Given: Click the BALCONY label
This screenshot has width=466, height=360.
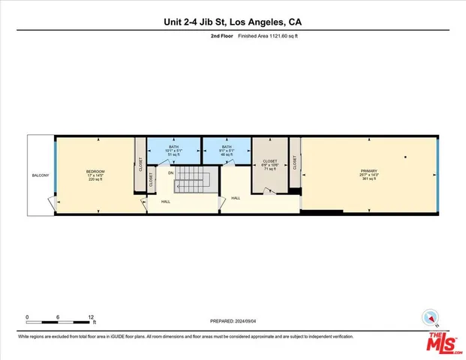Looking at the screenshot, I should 40,175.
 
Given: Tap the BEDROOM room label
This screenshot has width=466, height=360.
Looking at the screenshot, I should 95,172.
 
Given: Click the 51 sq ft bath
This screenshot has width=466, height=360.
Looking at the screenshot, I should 173,151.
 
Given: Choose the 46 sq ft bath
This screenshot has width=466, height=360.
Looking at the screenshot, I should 226,151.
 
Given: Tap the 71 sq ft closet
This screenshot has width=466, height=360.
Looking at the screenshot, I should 269,166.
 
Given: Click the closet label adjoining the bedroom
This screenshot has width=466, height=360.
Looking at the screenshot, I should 140,164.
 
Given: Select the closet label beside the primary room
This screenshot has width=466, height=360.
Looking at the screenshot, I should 295,162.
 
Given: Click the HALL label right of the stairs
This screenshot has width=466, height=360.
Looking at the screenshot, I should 236,198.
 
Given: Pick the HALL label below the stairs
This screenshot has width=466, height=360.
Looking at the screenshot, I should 165,202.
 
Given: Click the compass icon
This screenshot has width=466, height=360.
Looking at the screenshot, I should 431,316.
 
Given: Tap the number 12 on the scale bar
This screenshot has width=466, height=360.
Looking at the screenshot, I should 91,316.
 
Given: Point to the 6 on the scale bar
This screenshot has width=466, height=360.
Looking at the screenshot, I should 59,316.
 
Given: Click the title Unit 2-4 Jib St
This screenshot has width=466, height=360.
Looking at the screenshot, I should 233,22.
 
